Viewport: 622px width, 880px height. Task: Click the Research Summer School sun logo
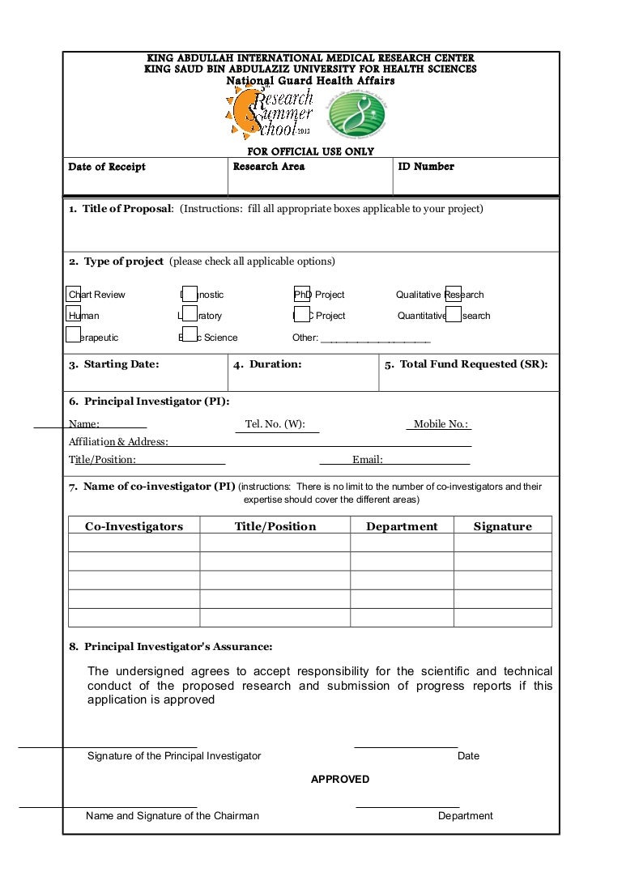[267, 114]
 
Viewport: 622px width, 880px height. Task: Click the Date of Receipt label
[107, 167]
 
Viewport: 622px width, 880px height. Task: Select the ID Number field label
[426, 167]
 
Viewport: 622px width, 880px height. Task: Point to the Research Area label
[269, 167]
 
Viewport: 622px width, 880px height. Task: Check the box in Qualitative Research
[454, 294]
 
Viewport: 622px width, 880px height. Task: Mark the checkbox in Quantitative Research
[454, 315]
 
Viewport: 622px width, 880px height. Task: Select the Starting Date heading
[114, 364]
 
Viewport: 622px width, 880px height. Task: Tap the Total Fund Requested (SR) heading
[466, 364]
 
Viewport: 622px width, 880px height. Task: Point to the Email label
[367, 460]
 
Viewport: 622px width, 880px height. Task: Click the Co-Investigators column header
[134, 526]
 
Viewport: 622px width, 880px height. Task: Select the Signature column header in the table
[502, 526]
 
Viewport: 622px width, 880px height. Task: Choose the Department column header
[402, 526]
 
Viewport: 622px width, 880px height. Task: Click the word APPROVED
[340, 779]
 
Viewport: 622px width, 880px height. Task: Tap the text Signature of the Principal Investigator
[174, 755]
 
